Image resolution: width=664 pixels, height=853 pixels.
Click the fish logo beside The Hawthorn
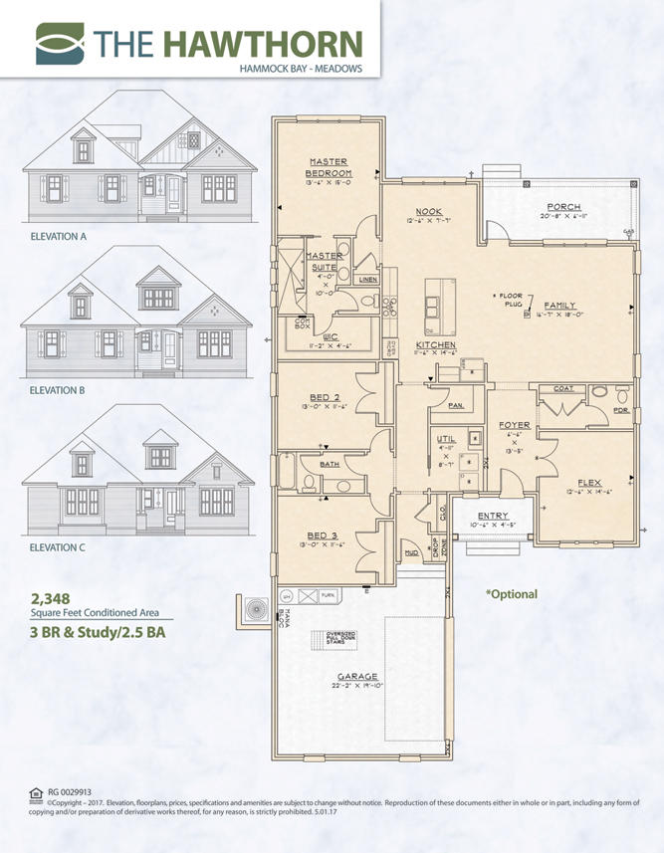62,43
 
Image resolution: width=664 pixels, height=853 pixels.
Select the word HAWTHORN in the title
262,43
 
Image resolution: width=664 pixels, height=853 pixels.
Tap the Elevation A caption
59,236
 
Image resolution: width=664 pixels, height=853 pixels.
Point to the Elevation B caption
59,391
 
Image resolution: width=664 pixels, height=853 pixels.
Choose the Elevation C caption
59,546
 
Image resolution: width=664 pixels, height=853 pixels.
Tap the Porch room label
563,208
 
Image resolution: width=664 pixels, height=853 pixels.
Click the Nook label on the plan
429,211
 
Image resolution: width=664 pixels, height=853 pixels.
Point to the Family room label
560,307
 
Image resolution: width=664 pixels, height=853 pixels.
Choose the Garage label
357,677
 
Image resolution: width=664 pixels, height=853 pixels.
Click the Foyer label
515,425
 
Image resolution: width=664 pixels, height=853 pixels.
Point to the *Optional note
512,594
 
